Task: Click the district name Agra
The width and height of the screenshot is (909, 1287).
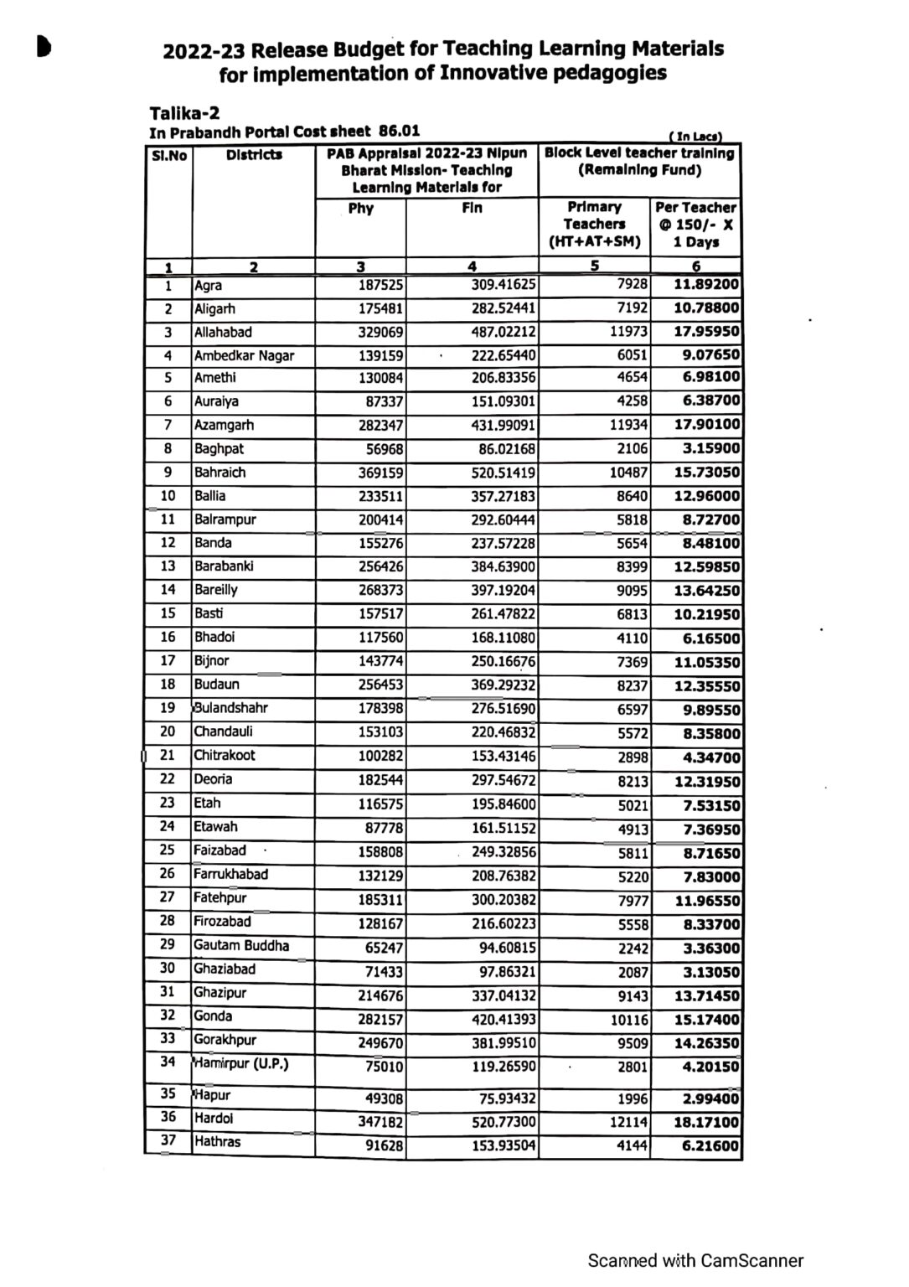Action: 209,285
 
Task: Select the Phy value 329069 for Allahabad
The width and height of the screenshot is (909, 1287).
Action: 380,332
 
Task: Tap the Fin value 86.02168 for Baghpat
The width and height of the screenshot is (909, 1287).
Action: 507,448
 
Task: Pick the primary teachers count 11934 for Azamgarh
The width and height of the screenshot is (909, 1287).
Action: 628,425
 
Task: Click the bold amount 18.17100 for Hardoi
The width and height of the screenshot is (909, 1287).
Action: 706,1122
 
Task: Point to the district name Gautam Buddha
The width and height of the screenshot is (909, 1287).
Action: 241,945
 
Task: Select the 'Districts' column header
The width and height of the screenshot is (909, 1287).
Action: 254,155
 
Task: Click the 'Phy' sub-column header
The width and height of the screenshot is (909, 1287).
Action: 360,208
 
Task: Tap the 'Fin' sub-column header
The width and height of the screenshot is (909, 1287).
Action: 472,208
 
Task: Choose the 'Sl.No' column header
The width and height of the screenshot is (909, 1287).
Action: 168,155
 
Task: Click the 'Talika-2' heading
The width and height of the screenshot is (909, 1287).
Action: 184,113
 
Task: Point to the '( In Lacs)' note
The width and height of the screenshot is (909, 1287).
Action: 695,136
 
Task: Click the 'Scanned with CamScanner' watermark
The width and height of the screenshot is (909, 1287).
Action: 695,1260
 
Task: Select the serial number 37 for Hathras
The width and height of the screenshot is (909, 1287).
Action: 168,1140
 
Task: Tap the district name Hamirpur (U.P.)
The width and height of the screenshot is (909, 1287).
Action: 241,1064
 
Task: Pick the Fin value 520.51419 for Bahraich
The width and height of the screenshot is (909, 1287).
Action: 503,473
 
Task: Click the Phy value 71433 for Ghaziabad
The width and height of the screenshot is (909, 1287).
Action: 384,973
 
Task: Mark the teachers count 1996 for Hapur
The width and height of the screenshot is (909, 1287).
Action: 633,1098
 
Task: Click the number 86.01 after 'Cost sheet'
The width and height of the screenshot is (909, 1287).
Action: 400,131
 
